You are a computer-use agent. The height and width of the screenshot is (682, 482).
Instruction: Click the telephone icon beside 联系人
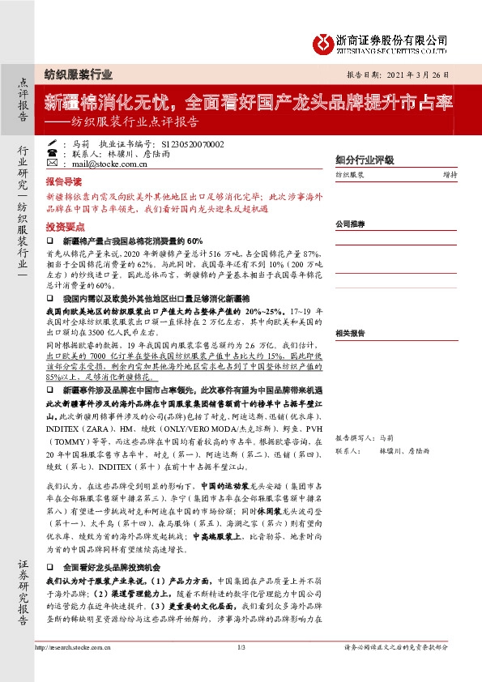(52, 153)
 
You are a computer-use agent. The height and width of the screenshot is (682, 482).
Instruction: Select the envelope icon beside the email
(52, 164)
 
